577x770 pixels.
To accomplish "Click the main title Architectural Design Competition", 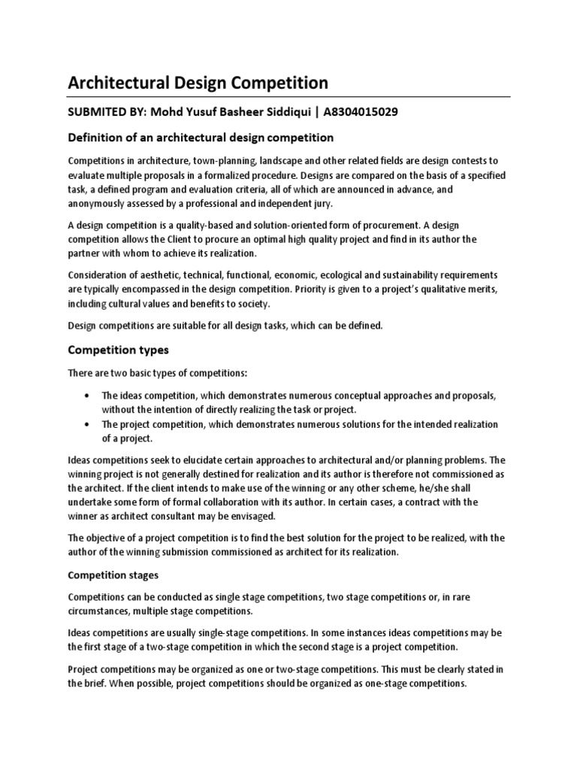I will [198, 82].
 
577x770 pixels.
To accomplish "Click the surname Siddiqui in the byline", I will [283, 112].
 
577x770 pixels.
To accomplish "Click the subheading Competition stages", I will [113, 575].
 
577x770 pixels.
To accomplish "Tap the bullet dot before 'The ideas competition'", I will [89, 396].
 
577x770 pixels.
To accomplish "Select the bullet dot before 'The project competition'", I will [89, 424].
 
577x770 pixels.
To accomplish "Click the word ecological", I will [338, 275].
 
